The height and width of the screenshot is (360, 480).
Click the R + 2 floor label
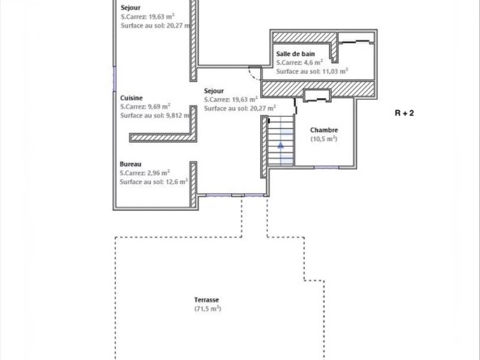point(404,114)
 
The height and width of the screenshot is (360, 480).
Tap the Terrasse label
point(207,300)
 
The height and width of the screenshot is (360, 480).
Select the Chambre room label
point(324,130)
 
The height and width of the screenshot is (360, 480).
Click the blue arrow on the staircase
point(281,145)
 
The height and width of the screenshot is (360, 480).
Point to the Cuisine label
point(131,98)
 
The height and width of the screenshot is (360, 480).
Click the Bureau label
point(131,164)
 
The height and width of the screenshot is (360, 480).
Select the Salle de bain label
point(295,54)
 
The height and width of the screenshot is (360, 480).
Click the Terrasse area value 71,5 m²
point(208,309)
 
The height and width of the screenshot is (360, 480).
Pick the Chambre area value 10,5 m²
point(324,139)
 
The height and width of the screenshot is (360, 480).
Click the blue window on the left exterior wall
point(115,79)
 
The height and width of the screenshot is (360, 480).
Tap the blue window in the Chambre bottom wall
point(326,168)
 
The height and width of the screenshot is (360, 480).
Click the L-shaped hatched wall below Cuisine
point(163,138)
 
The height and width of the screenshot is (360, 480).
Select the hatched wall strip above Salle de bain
point(304,37)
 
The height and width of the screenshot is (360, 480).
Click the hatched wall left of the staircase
point(264,147)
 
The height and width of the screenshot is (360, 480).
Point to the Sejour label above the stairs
point(214,91)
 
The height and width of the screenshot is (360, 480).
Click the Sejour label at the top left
point(131,7)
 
